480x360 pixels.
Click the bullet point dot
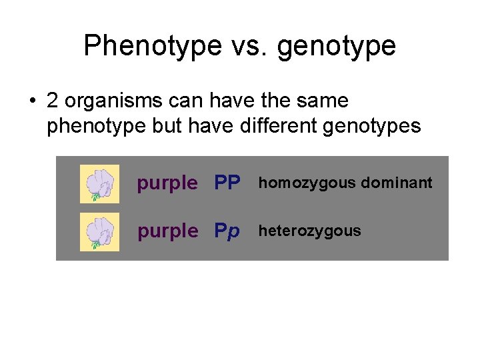[x=31, y=101]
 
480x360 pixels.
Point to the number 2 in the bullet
[x=53, y=101]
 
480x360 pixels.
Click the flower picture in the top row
[x=99, y=183]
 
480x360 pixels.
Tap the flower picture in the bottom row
[x=99, y=232]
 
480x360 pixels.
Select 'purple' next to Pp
[x=167, y=232]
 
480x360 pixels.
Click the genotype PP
[x=227, y=183]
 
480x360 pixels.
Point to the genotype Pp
[x=227, y=232]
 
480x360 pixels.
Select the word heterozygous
[x=309, y=231]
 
